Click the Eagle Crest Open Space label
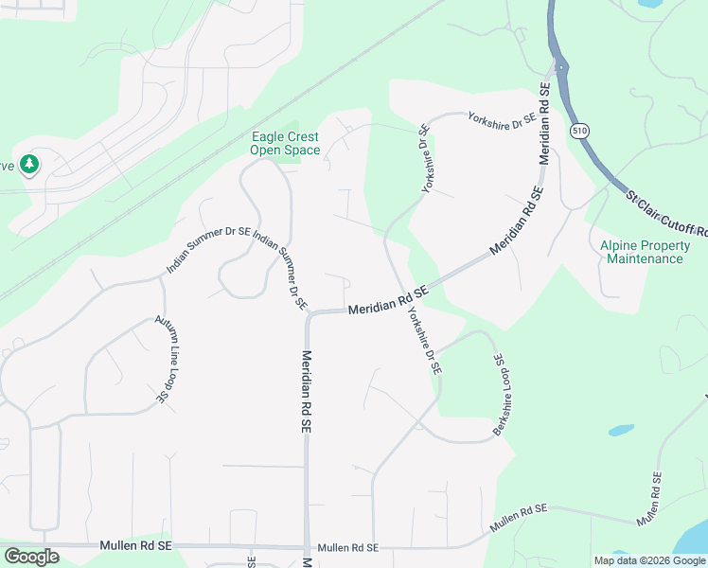coord(285,144)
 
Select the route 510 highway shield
coord(578,130)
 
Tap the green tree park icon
coord(29,165)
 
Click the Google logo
coord(31,557)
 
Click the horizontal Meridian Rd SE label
coord(388,302)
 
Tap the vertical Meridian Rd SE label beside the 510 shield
coord(544,124)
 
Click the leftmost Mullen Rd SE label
coord(136,546)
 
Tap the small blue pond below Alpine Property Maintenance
coord(620,430)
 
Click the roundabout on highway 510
coord(561,68)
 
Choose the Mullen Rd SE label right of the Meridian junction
coord(348,548)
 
